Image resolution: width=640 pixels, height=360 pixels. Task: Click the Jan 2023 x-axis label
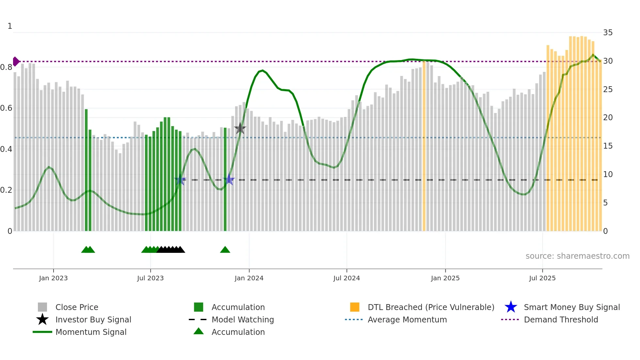click(x=53, y=278)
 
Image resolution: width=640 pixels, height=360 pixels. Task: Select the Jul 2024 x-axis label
click(x=346, y=278)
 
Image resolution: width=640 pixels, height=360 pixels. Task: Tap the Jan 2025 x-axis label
click(x=445, y=278)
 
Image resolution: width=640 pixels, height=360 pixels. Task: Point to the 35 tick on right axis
click(x=608, y=33)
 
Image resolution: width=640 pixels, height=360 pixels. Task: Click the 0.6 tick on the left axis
click(x=6, y=108)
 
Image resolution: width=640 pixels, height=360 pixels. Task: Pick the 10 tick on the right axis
click(x=608, y=174)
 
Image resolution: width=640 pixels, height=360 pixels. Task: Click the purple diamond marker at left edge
click(x=16, y=61)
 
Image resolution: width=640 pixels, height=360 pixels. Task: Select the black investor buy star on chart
click(x=240, y=128)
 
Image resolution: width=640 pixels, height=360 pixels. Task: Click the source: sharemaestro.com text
click(x=577, y=256)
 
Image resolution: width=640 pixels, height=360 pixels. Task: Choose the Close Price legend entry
click(x=77, y=307)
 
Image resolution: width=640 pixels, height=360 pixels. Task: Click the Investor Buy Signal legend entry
click(x=93, y=319)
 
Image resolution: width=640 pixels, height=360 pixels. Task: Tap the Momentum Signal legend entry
click(x=91, y=332)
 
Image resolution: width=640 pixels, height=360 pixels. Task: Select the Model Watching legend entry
click(x=243, y=319)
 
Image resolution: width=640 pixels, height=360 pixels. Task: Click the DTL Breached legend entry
click(x=431, y=307)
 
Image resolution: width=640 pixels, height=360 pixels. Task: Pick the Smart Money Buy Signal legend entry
click(x=572, y=307)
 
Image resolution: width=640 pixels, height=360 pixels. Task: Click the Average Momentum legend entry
click(x=407, y=319)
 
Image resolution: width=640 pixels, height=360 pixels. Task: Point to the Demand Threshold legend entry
click(x=561, y=319)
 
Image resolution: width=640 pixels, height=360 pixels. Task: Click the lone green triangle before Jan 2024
click(x=225, y=250)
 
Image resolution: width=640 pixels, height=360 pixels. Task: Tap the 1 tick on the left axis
click(x=10, y=26)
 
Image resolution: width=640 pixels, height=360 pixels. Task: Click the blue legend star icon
click(x=511, y=307)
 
